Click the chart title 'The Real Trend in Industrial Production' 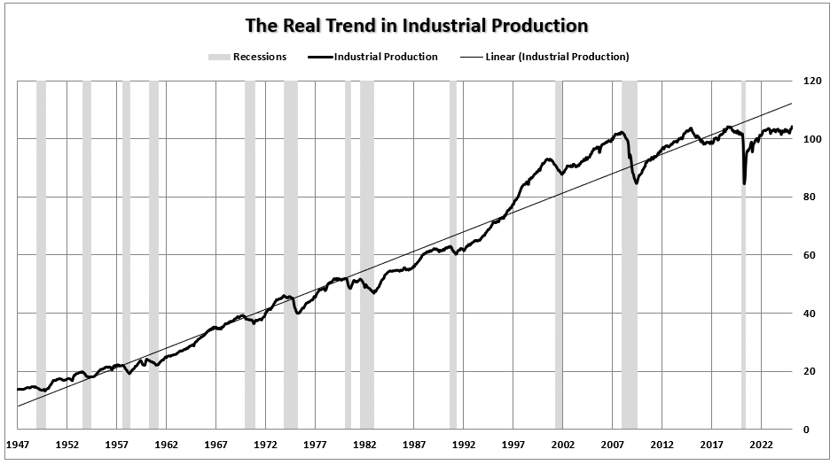pos(419,25)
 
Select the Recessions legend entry pos(247,58)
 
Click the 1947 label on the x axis pos(18,446)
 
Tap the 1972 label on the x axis pos(266,446)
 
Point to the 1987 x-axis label pos(414,446)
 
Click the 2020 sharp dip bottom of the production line pos(744,183)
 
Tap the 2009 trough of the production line pos(636,182)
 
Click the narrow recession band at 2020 pos(743,266)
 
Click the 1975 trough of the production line pos(298,314)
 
